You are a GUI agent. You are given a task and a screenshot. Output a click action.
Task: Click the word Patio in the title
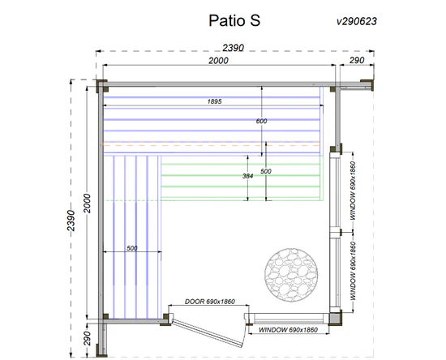tap(227, 20)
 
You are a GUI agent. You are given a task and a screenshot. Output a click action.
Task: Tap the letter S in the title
tap(255, 20)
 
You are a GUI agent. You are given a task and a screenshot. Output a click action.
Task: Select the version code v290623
tap(357, 21)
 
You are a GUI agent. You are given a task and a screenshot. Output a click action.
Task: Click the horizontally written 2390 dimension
tap(234, 48)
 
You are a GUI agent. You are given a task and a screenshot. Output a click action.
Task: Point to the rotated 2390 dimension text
tap(71, 221)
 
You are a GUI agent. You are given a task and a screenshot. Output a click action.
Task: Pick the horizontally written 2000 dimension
tap(218, 61)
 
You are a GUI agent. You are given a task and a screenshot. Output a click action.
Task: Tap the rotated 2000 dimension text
tap(88, 204)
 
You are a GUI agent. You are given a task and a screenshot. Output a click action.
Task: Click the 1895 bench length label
tap(214, 101)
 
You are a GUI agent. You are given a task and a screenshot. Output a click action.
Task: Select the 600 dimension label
tap(261, 121)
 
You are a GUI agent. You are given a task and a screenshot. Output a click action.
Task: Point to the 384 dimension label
tap(248, 176)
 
